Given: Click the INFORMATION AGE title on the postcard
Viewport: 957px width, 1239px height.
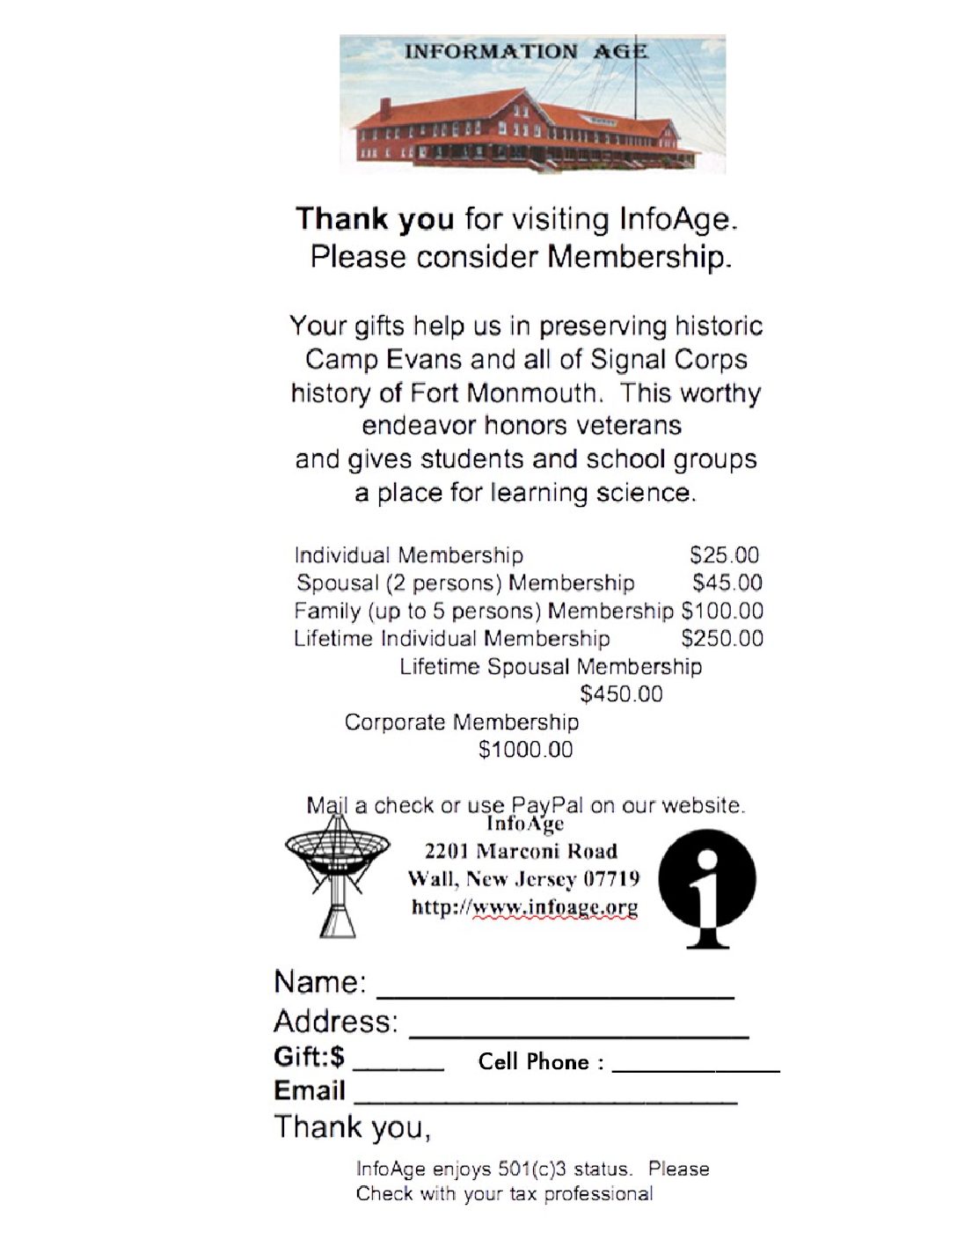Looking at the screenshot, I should tap(525, 51).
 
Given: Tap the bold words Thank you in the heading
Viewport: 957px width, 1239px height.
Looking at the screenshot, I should tap(375, 219).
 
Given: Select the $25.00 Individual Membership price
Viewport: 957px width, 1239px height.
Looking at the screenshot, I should tap(724, 555).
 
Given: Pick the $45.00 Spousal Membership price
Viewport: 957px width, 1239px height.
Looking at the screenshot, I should tap(727, 583).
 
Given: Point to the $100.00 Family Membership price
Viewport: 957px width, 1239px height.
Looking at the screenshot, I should tap(722, 611).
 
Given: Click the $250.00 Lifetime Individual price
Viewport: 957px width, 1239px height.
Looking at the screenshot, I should tap(722, 638).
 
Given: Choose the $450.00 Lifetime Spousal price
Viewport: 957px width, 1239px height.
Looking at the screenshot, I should tap(621, 694).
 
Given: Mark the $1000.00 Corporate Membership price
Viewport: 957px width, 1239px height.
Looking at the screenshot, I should tap(525, 750).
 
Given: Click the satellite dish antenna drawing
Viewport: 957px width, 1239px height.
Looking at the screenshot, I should tap(337, 871).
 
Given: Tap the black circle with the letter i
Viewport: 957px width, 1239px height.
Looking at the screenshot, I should tap(707, 888).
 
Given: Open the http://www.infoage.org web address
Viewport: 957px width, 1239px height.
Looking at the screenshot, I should tap(524, 907).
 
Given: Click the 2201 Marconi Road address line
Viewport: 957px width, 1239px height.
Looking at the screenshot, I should tap(521, 851).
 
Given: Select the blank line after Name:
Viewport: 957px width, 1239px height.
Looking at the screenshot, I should tap(555, 995).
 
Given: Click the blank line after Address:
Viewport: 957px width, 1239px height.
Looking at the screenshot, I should tap(579, 1035).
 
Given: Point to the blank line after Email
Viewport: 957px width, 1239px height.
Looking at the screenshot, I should tap(544, 1100).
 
